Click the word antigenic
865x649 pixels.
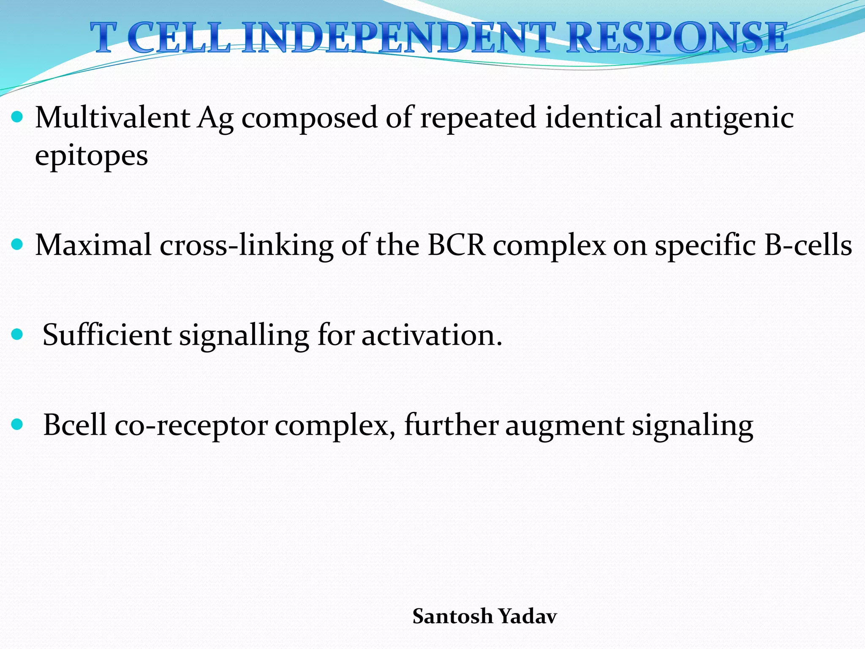click(x=732, y=119)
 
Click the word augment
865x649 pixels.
click(x=564, y=426)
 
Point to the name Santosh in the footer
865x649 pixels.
click(x=452, y=616)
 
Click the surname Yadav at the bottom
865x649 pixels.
click(x=528, y=616)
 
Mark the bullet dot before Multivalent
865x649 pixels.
click(x=17, y=117)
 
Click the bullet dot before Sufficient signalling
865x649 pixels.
click(x=17, y=335)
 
